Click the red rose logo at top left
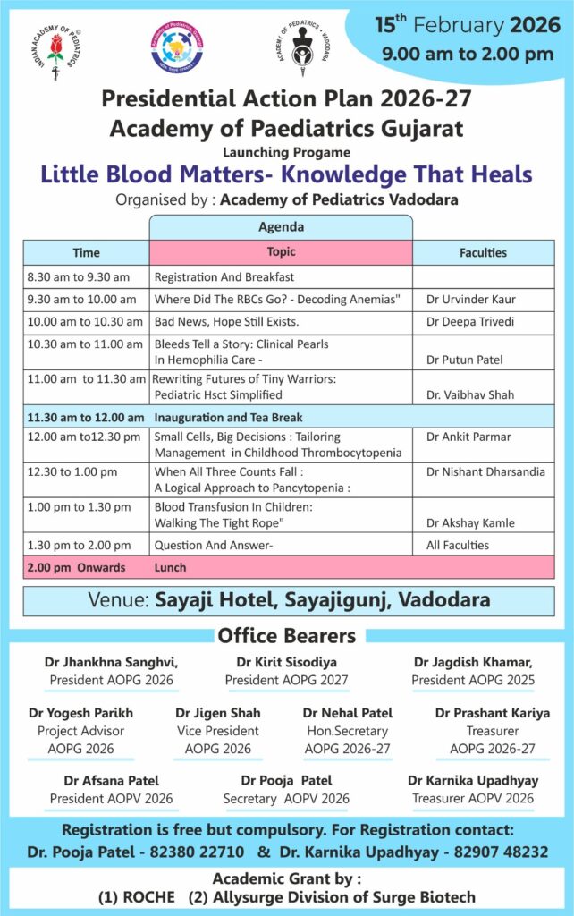click(55, 52)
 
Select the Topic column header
click(281, 252)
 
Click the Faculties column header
click(483, 252)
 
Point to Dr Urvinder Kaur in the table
click(470, 299)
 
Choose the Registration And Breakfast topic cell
click(224, 276)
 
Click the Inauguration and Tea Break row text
click(228, 417)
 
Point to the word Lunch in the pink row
click(170, 567)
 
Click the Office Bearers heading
click(286, 636)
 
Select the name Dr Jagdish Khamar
click(473, 663)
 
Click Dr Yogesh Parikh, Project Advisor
click(80, 713)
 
